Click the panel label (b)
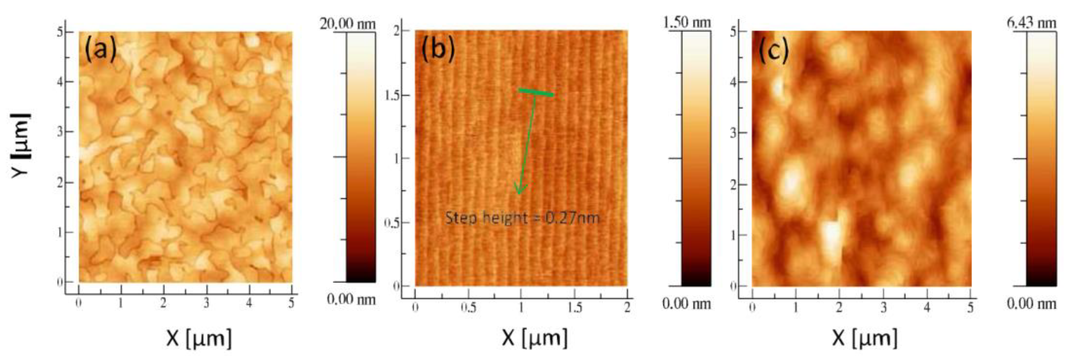tap(438, 50)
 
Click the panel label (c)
tap(773, 51)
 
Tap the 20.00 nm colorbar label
tap(347, 24)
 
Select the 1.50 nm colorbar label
tap(687, 22)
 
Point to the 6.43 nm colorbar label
tap(1031, 23)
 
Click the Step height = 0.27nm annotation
tap(523, 218)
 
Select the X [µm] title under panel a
tap(199, 337)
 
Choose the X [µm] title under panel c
tap(864, 337)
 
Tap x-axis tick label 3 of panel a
tap(206, 304)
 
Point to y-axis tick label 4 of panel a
tap(60, 82)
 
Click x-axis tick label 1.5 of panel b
tap(575, 308)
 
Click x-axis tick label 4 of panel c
tap(927, 308)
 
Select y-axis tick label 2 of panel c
tap(733, 184)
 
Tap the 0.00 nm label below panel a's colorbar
tap(351, 299)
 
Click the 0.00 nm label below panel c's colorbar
tap(1031, 304)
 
